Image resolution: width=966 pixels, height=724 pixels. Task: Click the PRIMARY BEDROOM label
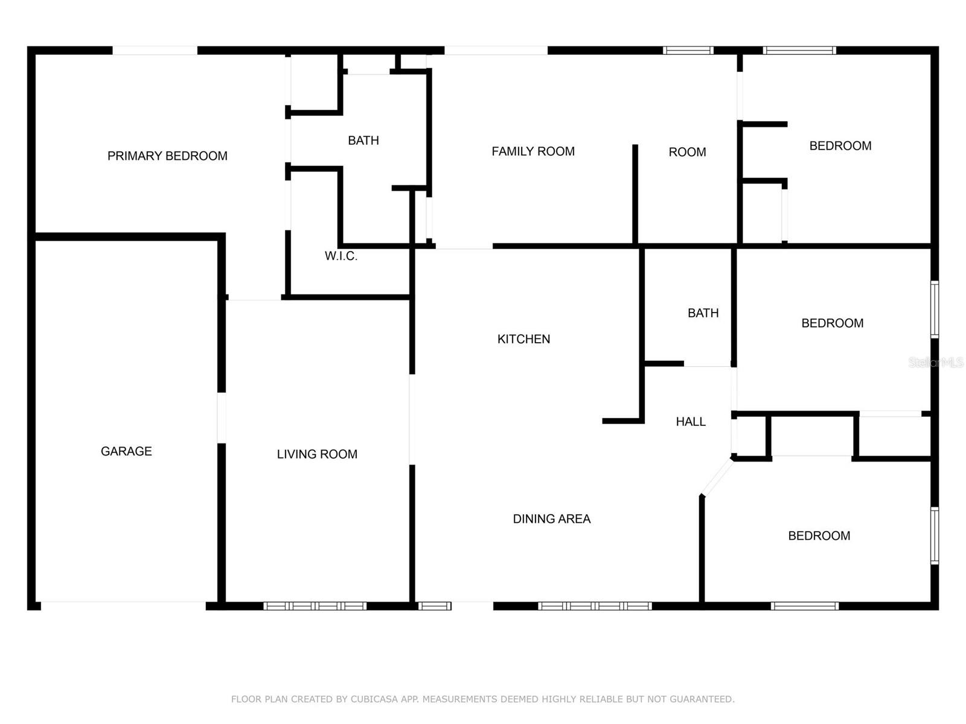[167, 156]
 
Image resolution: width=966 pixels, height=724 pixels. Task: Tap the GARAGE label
[126, 451]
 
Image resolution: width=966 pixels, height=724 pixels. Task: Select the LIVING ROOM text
[317, 454]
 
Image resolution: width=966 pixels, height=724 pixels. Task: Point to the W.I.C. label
[341, 256]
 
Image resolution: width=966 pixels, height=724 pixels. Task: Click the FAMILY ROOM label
[533, 151]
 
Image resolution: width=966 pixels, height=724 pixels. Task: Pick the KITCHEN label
[523, 339]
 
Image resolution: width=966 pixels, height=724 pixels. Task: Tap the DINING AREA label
[551, 519]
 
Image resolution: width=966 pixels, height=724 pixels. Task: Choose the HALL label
[691, 422]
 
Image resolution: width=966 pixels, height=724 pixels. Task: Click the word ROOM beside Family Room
[687, 152]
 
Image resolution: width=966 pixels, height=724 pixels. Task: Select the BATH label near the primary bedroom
[363, 141]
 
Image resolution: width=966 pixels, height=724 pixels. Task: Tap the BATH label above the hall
[703, 313]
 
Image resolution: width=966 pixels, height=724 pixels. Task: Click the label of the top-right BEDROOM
[840, 146]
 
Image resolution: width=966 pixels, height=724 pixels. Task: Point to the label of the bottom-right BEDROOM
[819, 536]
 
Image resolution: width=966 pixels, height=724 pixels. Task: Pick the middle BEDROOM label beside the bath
[832, 323]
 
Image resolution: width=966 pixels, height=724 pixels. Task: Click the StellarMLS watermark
[936, 362]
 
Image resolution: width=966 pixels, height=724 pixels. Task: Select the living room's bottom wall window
[315, 606]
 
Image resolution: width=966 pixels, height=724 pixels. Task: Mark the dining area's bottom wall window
[595, 606]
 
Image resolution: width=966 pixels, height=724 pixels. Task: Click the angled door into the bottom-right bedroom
[717, 477]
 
